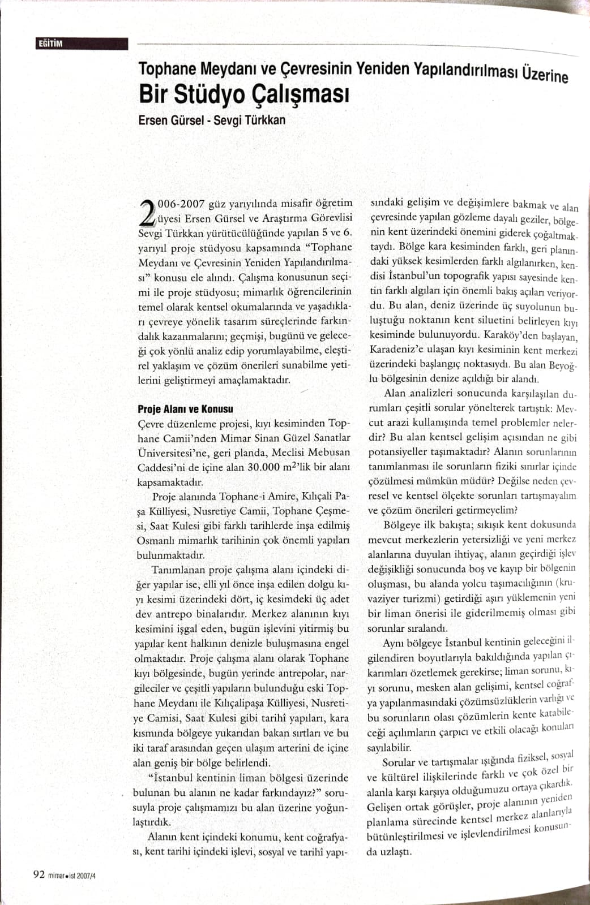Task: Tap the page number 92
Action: point(39,874)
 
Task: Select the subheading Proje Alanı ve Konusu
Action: point(185,408)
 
